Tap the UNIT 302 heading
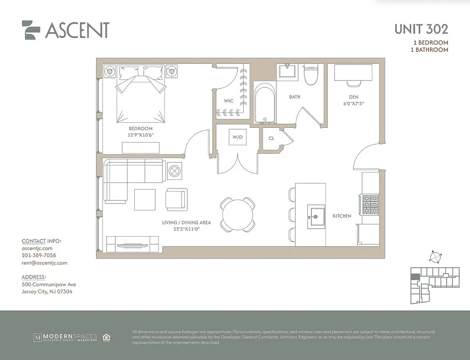421,29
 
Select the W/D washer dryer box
237,137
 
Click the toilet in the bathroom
311,75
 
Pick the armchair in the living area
175,199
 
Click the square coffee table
145,199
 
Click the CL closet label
271,139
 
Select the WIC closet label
229,101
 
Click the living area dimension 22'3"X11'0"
187,229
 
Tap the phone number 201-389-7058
39,255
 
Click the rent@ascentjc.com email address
44,263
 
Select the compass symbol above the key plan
435,257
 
